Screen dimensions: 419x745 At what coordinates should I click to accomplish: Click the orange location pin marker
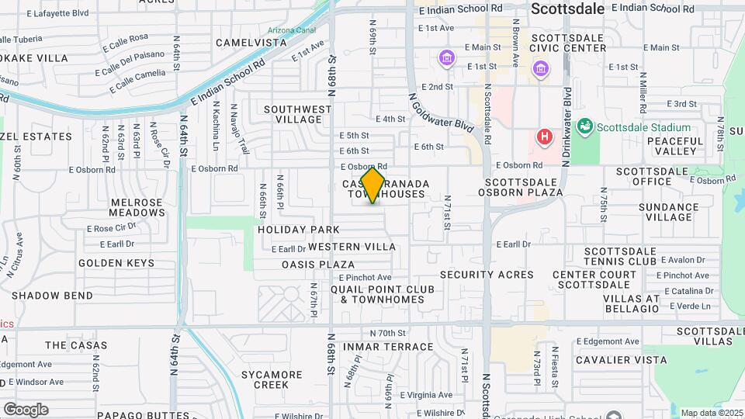pos(373,184)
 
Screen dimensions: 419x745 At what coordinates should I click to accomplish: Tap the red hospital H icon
pos(545,137)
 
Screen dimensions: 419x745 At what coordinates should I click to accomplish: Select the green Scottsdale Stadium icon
pos(585,126)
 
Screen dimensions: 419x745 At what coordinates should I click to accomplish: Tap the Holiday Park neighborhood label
pos(299,230)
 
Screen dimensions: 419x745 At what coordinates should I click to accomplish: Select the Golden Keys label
pos(116,263)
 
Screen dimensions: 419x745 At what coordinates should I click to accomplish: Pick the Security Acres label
pos(487,274)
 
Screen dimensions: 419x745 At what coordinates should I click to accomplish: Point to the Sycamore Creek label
pos(271,379)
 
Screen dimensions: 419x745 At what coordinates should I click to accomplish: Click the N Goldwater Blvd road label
pos(440,111)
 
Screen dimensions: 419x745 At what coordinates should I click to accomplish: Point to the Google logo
pos(26,409)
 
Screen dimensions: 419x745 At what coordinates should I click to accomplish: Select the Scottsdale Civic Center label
pos(568,43)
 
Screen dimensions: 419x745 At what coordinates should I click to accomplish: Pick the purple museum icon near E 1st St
pos(447,57)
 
